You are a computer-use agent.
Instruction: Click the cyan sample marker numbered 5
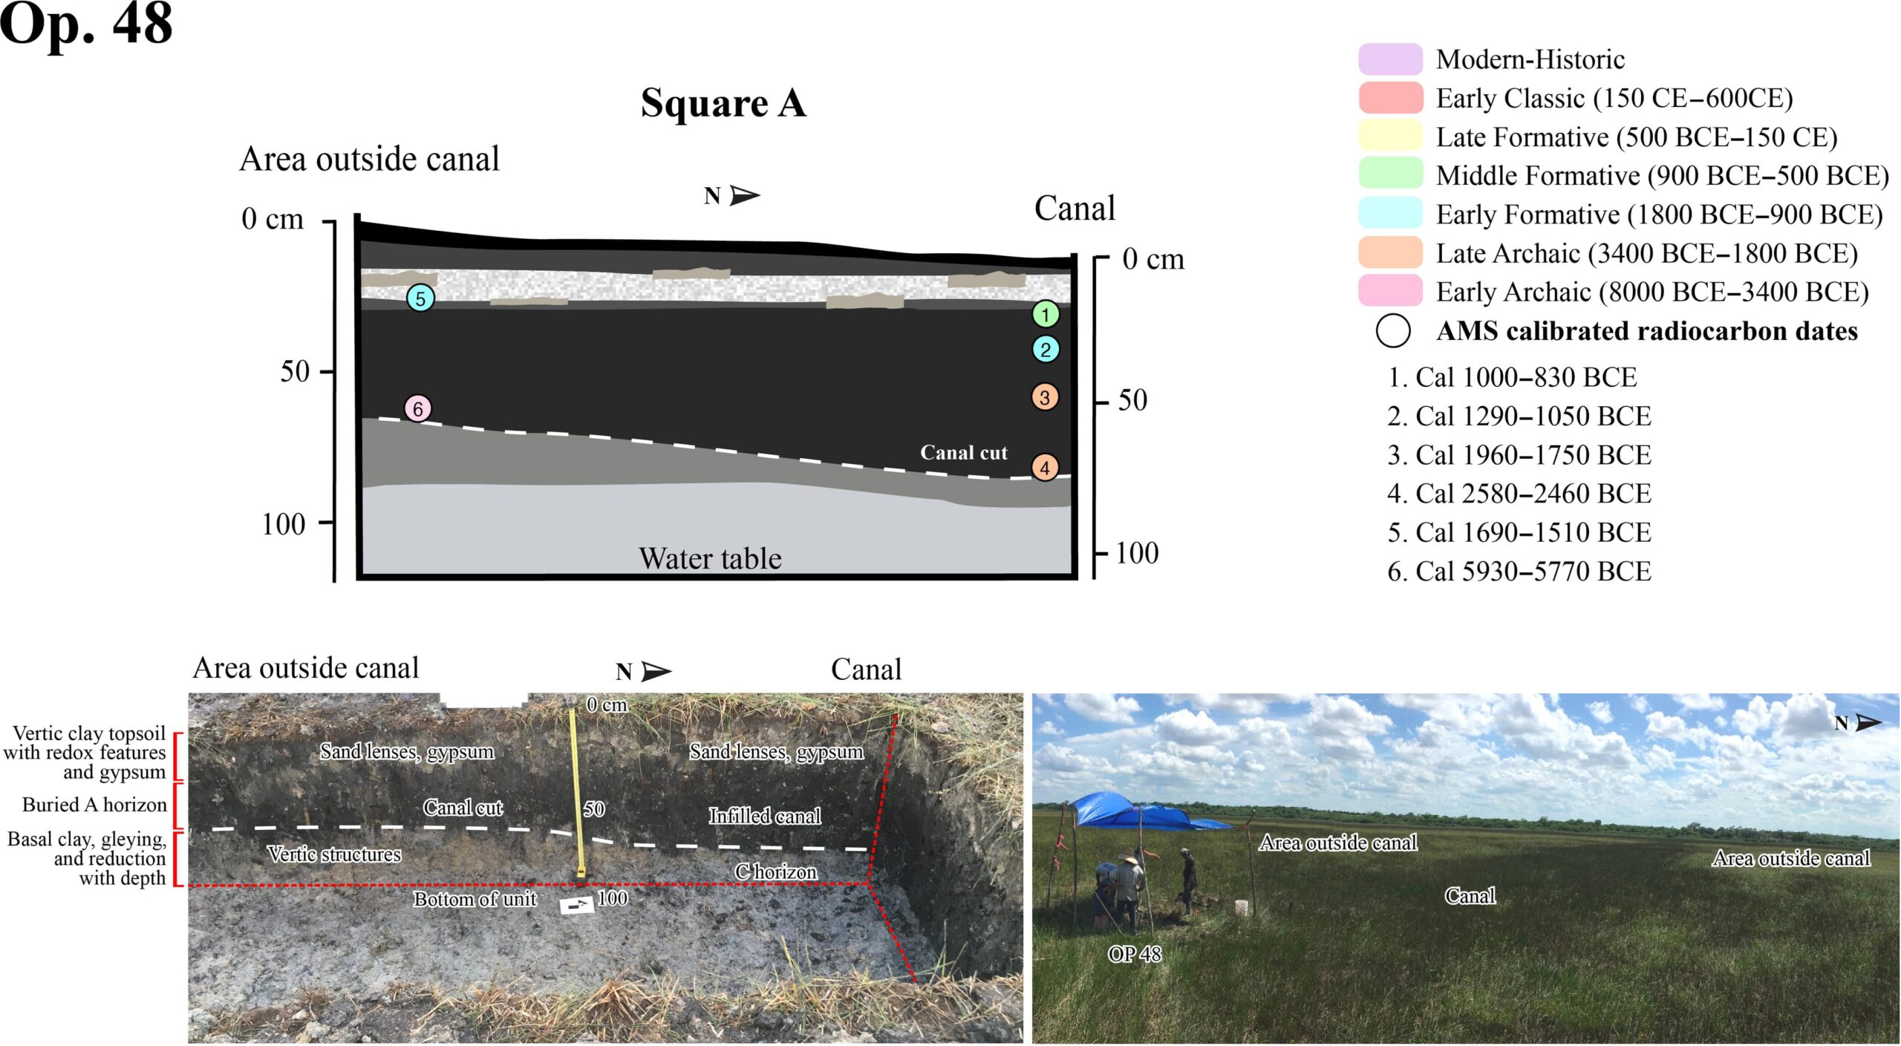(x=420, y=298)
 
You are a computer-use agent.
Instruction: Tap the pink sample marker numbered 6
(x=418, y=408)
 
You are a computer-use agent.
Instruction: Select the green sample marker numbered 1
(x=1046, y=315)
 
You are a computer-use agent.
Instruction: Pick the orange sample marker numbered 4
(x=1045, y=468)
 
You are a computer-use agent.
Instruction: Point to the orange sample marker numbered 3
(x=1045, y=397)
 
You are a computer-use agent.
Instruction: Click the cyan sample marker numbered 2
(x=1046, y=350)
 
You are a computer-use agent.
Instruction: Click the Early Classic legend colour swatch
(x=1391, y=98)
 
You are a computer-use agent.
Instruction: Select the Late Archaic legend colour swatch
(x=1391, y=253)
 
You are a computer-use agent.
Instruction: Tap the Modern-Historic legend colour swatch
(x=1391, y=59)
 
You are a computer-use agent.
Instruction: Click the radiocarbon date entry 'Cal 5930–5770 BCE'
(x=1519, y=571)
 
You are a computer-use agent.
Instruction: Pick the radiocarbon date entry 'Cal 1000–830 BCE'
(x=1512, y=377)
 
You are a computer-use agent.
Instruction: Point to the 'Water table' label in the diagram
(x=711, y=558)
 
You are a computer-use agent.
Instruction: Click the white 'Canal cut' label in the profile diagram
(x=964, y=453)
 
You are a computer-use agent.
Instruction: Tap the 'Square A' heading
(x=723, y=102)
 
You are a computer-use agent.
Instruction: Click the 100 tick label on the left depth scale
(x=284, y=525)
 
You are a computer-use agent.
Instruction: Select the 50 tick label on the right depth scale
(x=1132, y=400)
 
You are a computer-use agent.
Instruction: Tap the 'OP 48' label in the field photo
(x=1135, y=954)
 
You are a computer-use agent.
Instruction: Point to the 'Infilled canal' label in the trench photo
(x=765, y=816)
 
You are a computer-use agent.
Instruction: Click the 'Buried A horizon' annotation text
(x=94, y=805)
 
